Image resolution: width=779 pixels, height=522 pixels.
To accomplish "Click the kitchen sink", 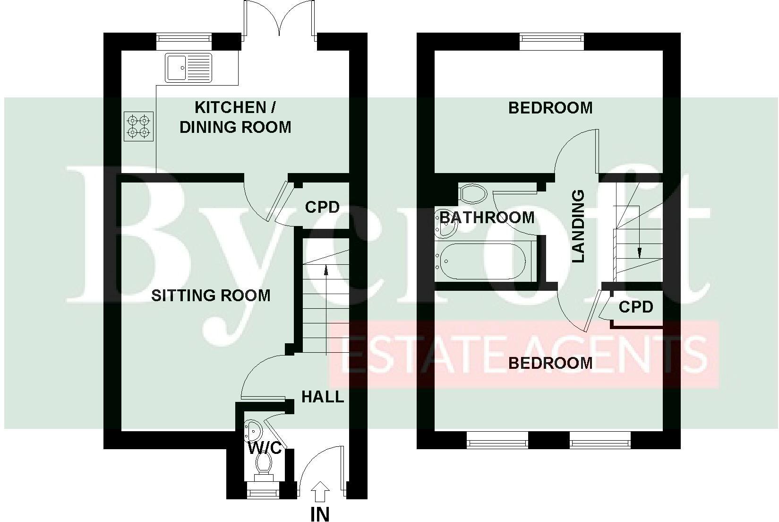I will tap(188, 68).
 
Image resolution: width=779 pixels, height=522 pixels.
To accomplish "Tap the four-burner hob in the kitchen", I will tap(138, 126).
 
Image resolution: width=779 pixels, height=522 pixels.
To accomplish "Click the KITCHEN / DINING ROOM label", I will tap(235, 117).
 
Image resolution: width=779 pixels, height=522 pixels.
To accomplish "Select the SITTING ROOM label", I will tap(211, 296).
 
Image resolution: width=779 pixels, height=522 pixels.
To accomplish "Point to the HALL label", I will tap(323, 396).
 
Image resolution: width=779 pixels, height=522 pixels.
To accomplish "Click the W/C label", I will tap(265, 447).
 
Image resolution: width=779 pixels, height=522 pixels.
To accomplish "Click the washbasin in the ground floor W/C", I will tap(253, 430).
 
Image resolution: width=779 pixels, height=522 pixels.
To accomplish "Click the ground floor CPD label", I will tap(322, 207).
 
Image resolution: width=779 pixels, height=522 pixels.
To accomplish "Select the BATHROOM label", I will tap(487, 217).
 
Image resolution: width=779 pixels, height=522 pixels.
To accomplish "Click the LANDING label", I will tap(578, 226).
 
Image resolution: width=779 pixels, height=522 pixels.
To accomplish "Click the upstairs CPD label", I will tap(636, 307).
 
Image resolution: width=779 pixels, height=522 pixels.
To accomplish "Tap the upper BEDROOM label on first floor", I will tap(550, 108).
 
